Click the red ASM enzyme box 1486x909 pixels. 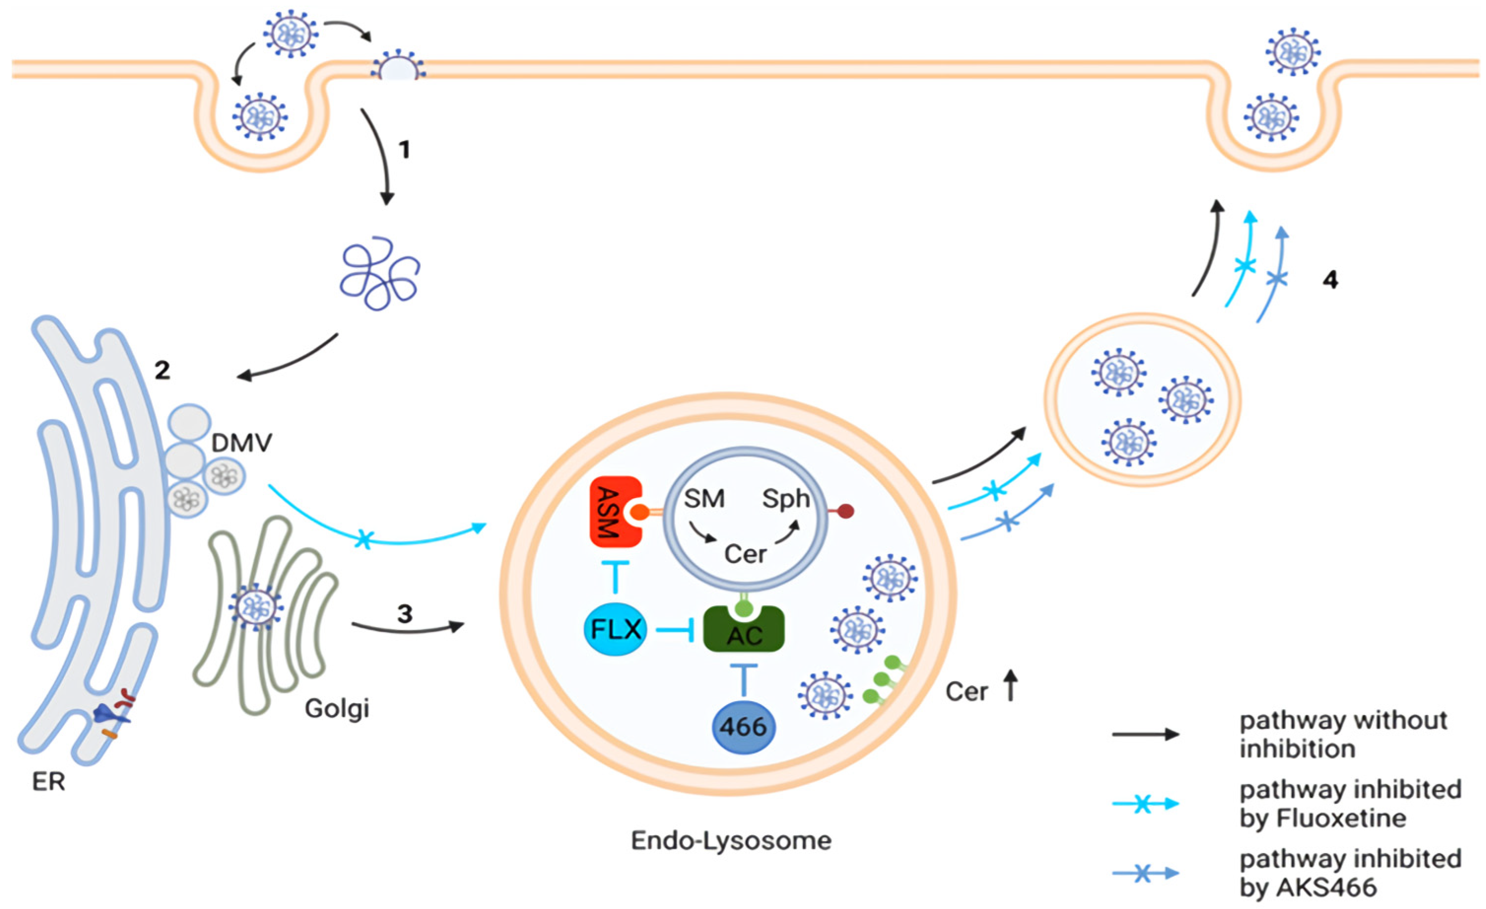click(614, 511)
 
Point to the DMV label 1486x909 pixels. click(241, 443)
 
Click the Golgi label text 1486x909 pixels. click(337, 708)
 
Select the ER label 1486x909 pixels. click(48, 782)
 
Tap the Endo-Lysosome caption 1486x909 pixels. click(731, 840)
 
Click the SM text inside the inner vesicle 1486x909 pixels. click(704, 499)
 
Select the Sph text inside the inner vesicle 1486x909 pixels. click(785, 499)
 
